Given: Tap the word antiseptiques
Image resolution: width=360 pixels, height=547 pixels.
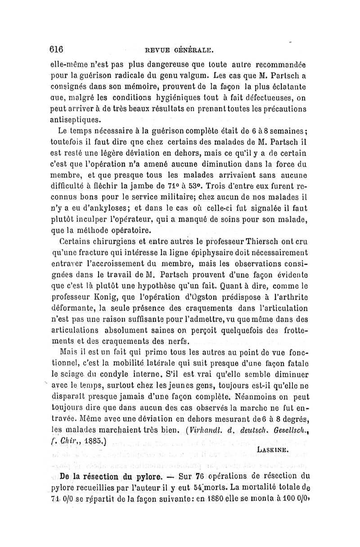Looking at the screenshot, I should click(x=76, y=120).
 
